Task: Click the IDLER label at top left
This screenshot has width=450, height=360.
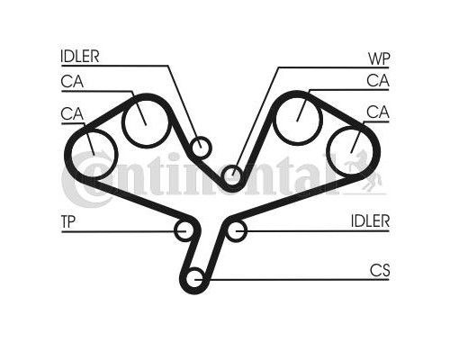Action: coord(80,56)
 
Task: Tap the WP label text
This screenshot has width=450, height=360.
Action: coord(379,58)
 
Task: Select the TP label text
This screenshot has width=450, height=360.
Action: coord(68,221)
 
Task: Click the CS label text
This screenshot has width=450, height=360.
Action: coord(380,270)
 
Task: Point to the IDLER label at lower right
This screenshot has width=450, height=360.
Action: coord(370,221)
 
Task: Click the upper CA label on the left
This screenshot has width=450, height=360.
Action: coord(72,81)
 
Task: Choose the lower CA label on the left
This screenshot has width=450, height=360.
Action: coord(72,114)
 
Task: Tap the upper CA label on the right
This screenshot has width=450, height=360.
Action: coord(378,80)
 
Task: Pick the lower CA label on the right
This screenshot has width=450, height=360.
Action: coord(378,112)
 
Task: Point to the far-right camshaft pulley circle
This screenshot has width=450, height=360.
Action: coord(327,150)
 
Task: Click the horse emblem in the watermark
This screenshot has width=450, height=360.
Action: coord(364,171)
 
